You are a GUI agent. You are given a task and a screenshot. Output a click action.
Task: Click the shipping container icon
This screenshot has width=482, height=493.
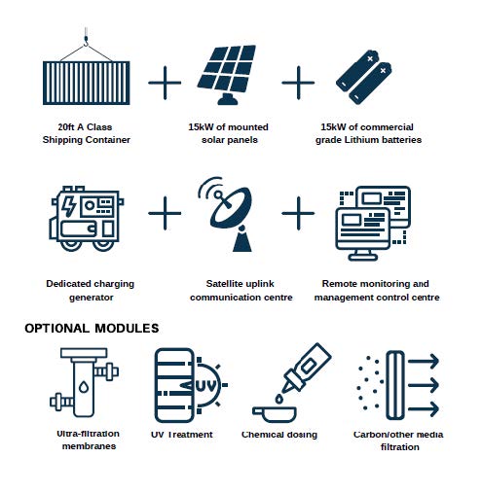[x=87, y=83]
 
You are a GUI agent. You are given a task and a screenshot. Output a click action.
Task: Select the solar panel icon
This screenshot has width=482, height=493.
[x=227, y=75]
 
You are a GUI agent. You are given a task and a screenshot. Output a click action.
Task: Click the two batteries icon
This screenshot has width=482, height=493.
[x=364, y=77]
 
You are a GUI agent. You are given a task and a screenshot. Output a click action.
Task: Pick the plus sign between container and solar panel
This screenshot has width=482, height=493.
[x=165, y=83]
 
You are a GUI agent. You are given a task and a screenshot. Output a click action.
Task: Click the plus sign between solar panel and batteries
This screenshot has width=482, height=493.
[x=298, y=83]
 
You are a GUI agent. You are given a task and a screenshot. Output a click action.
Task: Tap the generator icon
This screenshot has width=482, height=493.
[x=87, y=219]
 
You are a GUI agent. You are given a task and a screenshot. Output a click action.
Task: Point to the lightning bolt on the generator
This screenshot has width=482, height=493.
[x=68, y=206]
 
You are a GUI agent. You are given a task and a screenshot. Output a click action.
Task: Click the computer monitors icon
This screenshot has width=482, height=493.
[x=373, y=223]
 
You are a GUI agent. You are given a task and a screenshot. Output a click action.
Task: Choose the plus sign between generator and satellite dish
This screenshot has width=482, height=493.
[x=165, y=213]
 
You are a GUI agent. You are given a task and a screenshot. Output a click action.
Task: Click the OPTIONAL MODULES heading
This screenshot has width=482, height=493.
[x=92, y=329]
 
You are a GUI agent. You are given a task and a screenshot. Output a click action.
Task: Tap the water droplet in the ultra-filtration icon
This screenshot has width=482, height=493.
[x=84, y=386]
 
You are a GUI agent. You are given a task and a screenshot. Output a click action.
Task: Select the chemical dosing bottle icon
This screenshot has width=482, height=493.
[x=292, y=382]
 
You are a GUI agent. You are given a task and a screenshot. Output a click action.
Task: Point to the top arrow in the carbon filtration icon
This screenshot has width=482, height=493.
[x=424, y=361]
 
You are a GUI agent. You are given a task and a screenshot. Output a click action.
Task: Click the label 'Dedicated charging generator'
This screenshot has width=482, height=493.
[x=91, y=291]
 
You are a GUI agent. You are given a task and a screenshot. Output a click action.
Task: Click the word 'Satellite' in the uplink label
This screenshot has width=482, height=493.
[x=224, y=284]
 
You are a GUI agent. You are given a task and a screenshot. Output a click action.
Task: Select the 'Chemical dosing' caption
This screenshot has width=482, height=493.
[x=279, y=435]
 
